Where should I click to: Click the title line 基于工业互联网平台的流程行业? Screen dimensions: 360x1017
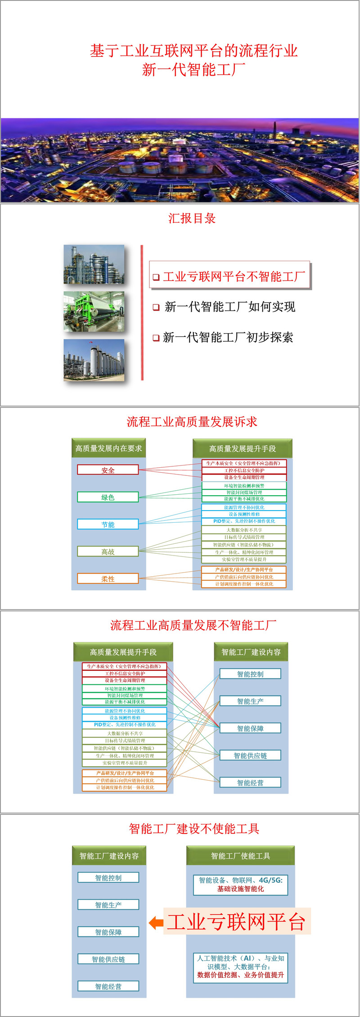[193, 50]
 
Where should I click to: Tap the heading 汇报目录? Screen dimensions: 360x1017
[192, 218]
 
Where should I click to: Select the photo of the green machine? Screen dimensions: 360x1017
[94, 312]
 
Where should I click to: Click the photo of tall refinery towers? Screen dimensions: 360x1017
[94, 264]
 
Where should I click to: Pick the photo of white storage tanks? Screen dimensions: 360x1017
[94, 360]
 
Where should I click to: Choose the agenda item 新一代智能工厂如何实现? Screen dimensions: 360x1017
[229, 307]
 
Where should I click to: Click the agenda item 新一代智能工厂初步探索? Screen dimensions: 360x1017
[228, 337]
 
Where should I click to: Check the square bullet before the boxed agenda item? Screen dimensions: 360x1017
[156, 277]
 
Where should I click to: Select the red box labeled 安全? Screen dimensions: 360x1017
[108, 470]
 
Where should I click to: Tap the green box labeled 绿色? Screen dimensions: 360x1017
[108, 497]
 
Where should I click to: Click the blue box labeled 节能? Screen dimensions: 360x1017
[108, 524]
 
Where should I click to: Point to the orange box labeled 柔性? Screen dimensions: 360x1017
[108, 579]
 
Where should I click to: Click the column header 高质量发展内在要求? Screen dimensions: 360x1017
[108, 448]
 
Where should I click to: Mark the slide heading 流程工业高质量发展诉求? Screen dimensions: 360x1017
[192, 422]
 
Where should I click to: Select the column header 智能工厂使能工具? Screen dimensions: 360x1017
[241, 856]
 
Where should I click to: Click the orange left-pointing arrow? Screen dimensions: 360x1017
[156, 922]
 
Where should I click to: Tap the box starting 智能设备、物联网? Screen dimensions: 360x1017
[241, 885]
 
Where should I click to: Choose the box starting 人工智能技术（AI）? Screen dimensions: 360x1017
[241, 966]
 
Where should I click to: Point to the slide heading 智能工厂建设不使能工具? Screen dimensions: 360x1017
[194, 829]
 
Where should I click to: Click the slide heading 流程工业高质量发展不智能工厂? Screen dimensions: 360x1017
[193, 625]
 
